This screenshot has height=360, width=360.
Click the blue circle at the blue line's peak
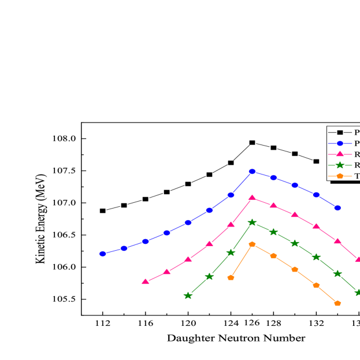(x=252, y=171)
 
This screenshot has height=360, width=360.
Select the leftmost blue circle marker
(x=103, y=253)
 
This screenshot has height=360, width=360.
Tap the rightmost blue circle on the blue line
(x=337, y=207)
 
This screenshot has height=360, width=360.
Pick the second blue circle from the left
(x=124, y=248)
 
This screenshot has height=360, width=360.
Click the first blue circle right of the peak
(x=273, y=177)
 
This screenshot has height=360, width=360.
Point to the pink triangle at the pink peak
(x=252, y=198)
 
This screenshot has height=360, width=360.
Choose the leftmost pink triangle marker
(x=146, y=281)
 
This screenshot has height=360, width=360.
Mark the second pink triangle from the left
(x=166, y=272)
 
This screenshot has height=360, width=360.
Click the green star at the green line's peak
(x=252, y=222)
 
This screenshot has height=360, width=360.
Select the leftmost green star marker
(x=188, y=295)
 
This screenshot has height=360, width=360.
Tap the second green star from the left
(x=209, y=276)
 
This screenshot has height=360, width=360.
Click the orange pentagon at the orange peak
(x=252, y=244)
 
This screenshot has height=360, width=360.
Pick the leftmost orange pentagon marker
(x=231, y=277)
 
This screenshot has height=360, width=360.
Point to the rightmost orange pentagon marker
(x=337, y=303)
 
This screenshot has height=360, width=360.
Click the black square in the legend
(x=340, y=132)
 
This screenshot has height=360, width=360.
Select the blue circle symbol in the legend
(x=340, y=143)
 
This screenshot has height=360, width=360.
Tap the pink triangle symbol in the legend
(x=340, y=154)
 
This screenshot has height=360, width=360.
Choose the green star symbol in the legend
(x=340, y=165)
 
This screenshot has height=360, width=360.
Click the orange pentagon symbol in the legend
(x=340, y=176)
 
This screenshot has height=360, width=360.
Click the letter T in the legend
(x=357, y=176)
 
